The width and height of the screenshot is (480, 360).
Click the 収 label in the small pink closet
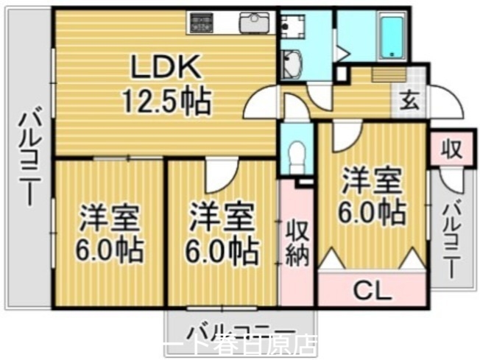[x=451, y=150]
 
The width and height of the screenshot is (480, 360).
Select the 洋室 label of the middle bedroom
[x=222, y=219]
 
